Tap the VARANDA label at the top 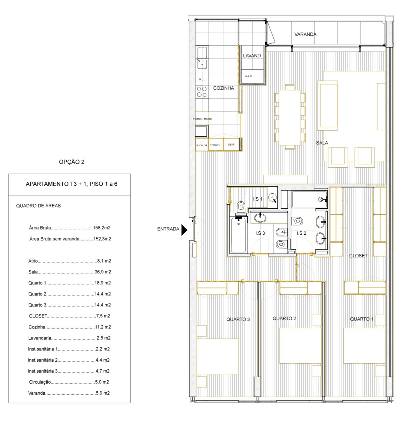pyautogui.click(x=305, y=34)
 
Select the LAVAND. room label pyautogui.click(x=252, y=56)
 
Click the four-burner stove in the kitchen pyautogui.click(x=202, y=92)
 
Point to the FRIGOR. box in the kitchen pyautogui.click(x=215, y=145)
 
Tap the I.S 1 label pyautogui.click(x=258, y=199)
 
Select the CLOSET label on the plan pyautogui.click(x=358, y=256)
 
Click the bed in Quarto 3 pyautogui.click(x=218, y=356)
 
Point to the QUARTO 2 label pyautogui.click(x=284, y=318)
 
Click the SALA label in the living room pyautogui.click(x=322, y=143)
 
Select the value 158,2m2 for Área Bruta pyautogui.click(x=102, y=228)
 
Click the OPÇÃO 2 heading pyautogui.click(x=72, y=162)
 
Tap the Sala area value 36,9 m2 pyautogui.click(x=103, y=272)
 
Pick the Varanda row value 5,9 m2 pyautogui.click(x=103, y=393)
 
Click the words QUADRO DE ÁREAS pyautogui.click(x=38, y=206)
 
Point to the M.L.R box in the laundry pyautogui.click(x=248, y=76)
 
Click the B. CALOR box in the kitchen pyautogui.click(x=202, y=146)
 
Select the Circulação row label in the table pyautogui.click(x=40, y=382)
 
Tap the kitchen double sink pyautogui.click(x=202, y=58)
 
